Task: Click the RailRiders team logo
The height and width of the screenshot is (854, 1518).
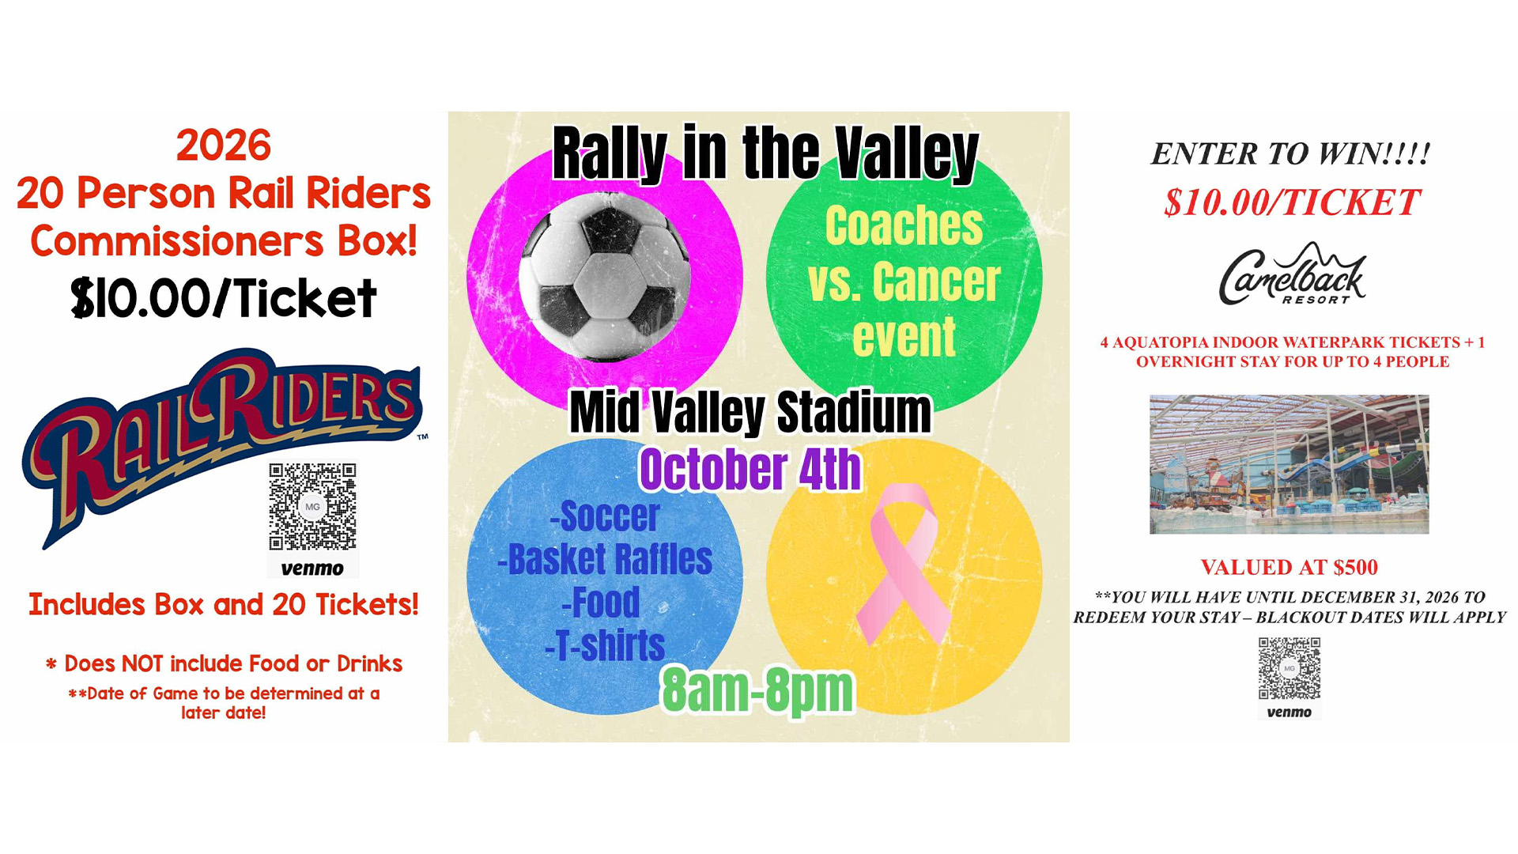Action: point(221,447)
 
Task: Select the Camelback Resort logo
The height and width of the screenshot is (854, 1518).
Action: point(1292,274)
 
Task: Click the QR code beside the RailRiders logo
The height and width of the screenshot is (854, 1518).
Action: point(312,507)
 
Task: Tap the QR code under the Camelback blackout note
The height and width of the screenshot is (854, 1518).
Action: point(1290,668)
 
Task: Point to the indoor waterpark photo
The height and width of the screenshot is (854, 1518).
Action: point(1289,464)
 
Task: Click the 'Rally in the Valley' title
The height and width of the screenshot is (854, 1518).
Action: point(765,153)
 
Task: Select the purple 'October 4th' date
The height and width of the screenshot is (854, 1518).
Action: point(750,469)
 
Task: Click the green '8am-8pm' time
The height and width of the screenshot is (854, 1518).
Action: point(757,690)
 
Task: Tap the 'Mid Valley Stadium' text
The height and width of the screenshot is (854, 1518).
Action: point(750,412)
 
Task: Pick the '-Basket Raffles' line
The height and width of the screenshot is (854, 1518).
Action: point(605,559)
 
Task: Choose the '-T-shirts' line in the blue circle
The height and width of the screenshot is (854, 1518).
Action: point(605,645)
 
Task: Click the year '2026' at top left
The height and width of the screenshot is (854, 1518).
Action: point(224,145)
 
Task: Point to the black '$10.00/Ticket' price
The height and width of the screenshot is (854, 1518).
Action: point(224,298)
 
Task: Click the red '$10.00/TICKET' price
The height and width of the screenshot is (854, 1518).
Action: point(1292,202)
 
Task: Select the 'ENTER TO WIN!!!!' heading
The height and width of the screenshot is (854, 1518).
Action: point(1290,153)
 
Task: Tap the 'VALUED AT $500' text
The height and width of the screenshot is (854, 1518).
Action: point(1290,567)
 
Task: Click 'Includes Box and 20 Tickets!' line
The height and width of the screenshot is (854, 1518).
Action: point(224,604)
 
